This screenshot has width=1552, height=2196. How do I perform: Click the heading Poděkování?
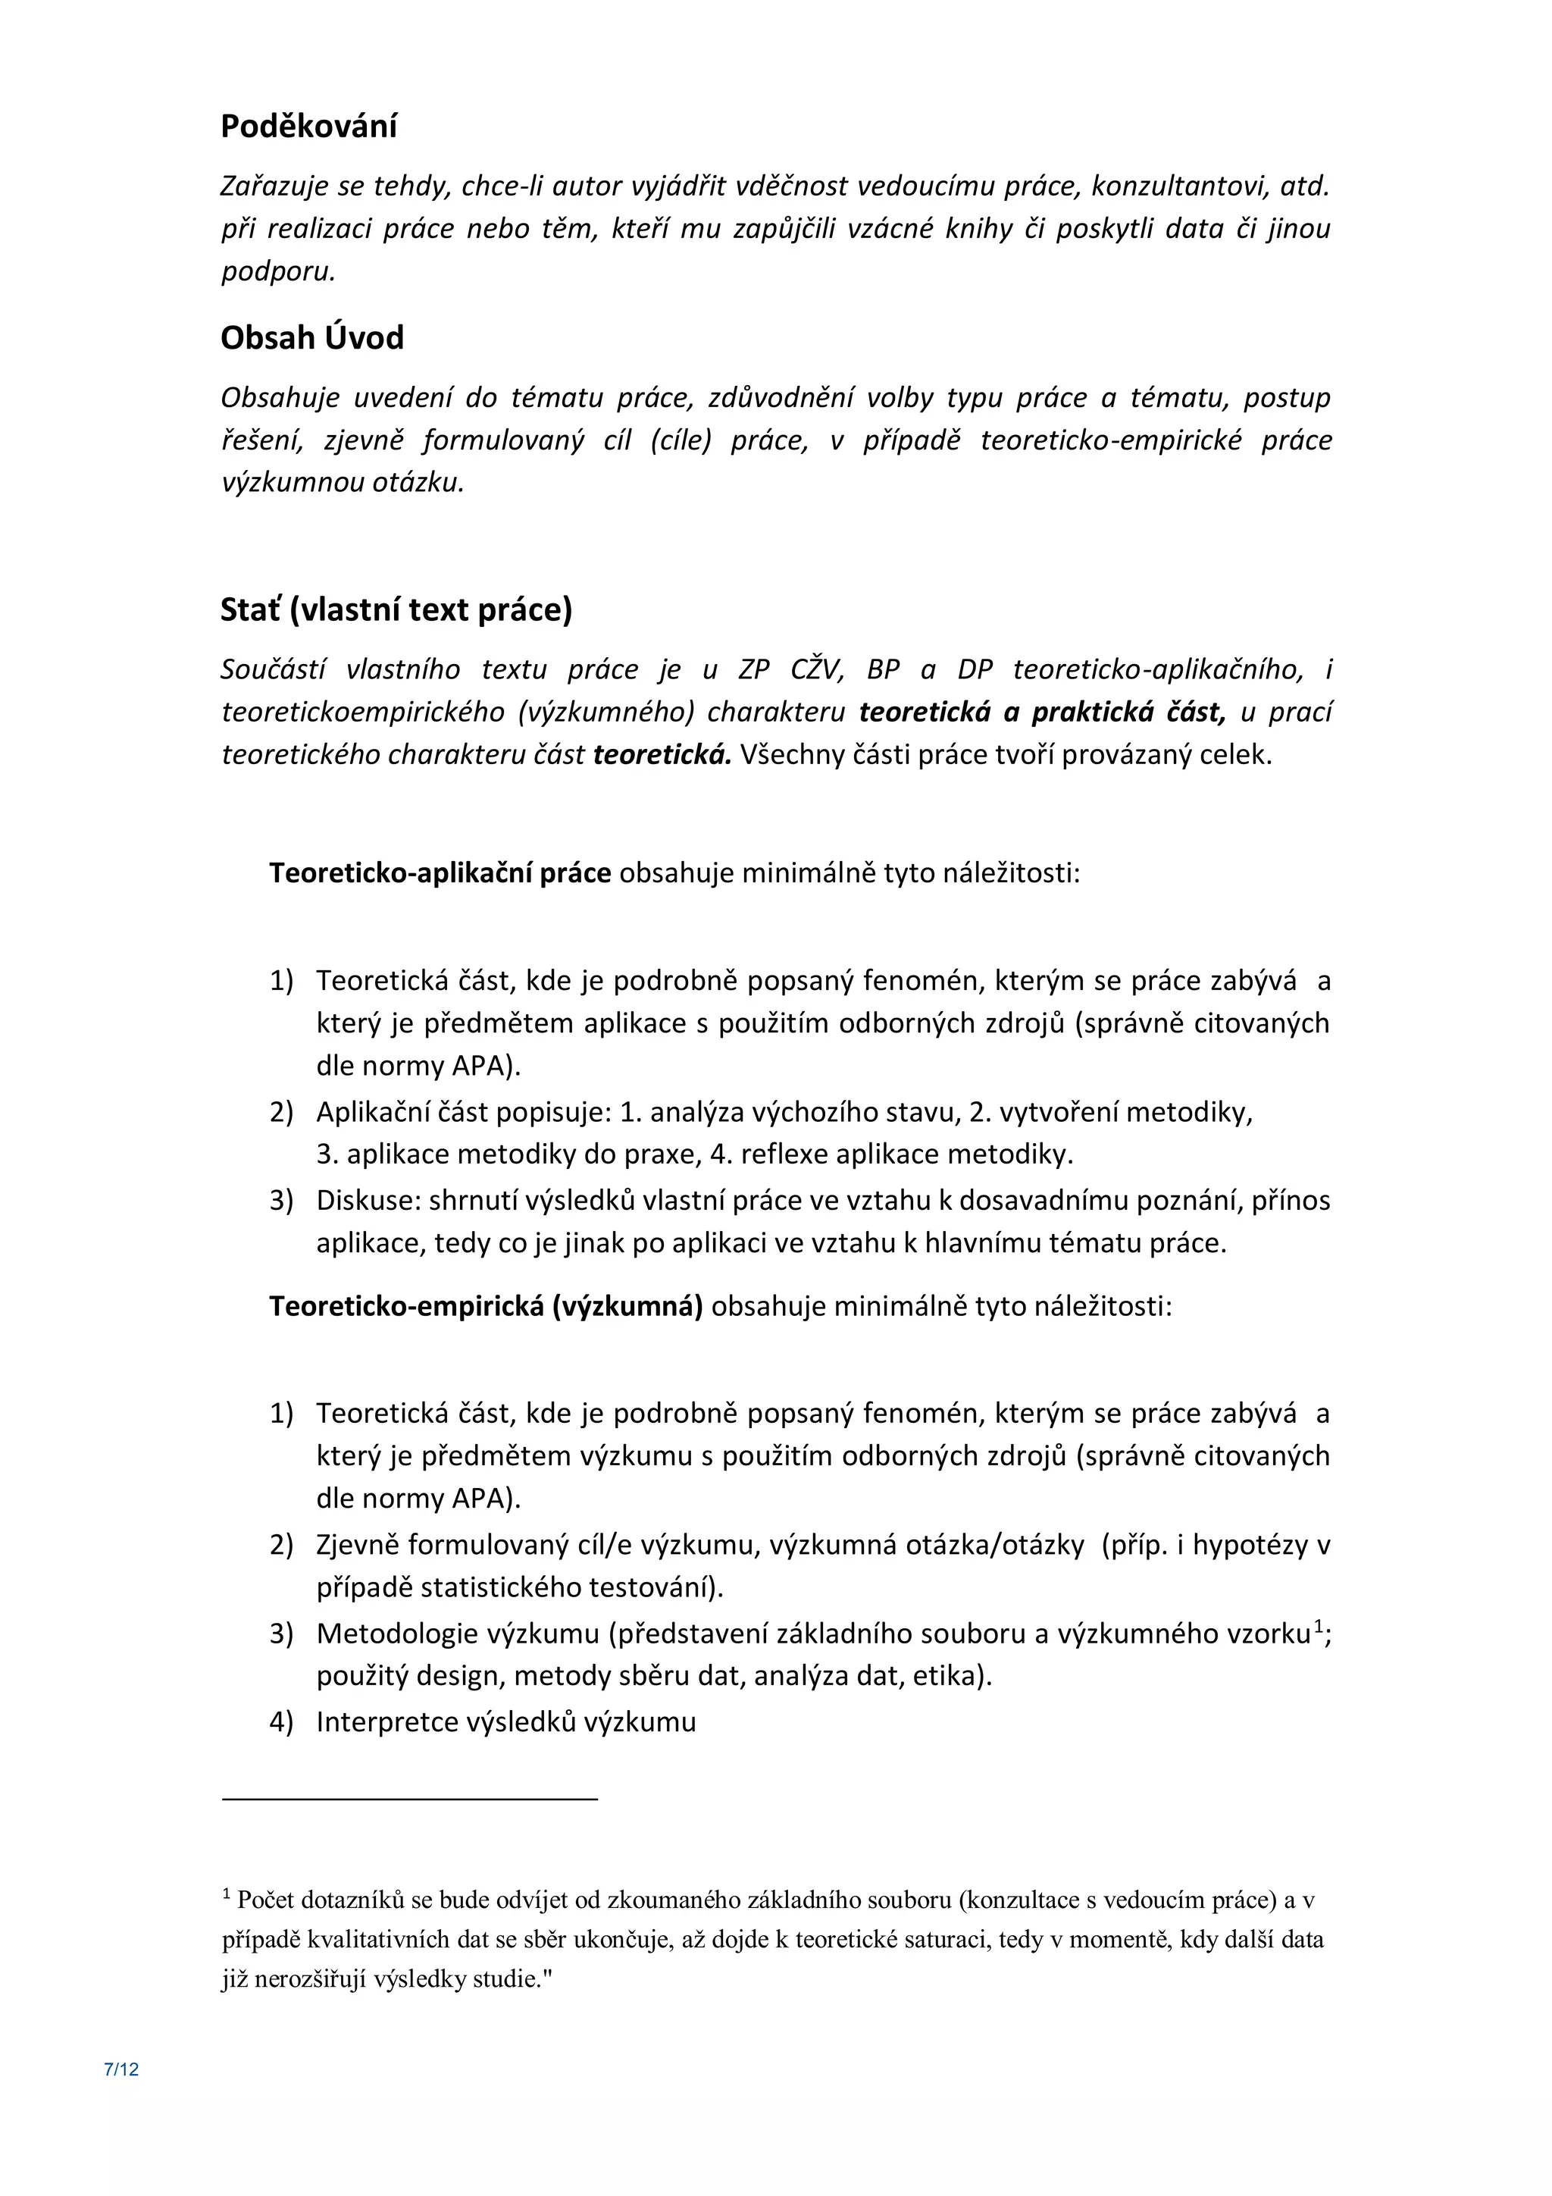(309, 127)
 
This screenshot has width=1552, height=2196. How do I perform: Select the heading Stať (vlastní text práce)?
(396, 609)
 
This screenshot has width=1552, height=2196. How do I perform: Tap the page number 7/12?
(121, 2069)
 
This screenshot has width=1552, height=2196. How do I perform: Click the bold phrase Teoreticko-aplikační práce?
(440, 873)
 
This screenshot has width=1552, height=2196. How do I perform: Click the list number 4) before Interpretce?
(281, 1722)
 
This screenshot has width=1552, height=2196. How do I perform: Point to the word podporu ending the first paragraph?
(277, 271)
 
